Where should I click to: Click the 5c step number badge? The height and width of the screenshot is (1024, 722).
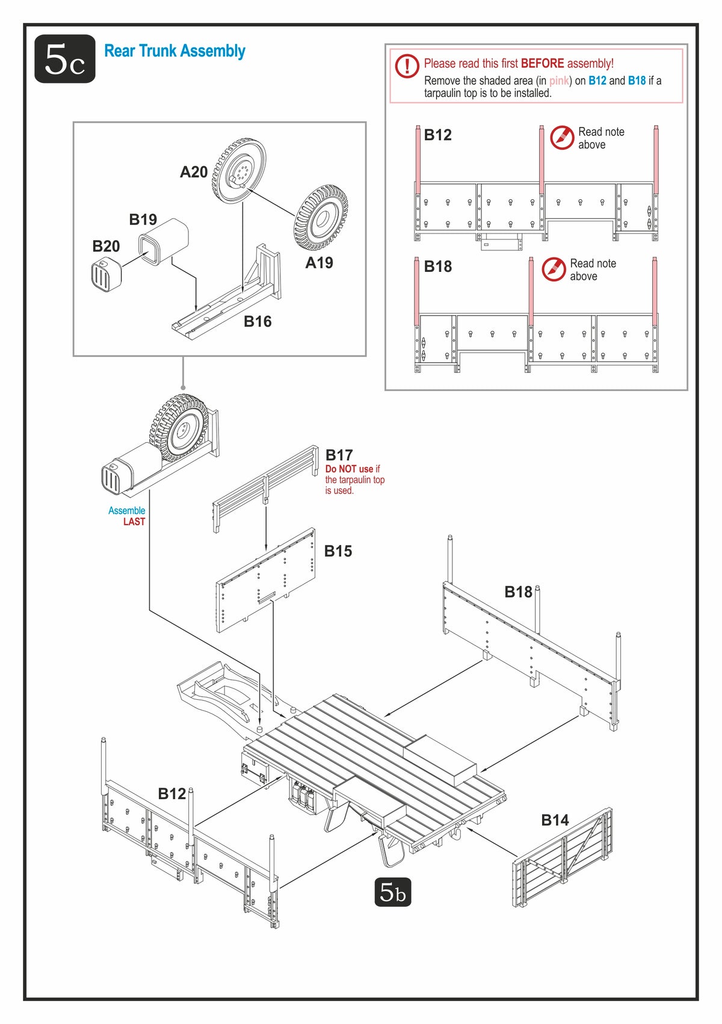click(x=65, y=59)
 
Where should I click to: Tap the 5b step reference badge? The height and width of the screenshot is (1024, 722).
click(x=392, y=892)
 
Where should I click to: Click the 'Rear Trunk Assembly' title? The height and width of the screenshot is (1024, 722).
click(x=174, y=51)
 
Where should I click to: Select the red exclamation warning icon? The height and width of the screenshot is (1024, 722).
click(x=407, y=66)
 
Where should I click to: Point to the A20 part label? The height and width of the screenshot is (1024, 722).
click(x=194, y=172)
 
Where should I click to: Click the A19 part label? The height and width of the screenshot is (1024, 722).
click(x=319, y=263)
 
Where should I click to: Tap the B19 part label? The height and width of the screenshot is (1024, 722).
click(x=143, y=220)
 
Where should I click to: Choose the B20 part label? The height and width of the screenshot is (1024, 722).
click(x=106, y=247)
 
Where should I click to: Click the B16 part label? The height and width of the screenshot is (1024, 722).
click(x=258, y=322)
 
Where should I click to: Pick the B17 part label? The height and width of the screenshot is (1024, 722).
click(x=339, y=455)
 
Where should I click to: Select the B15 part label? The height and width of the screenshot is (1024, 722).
click(x=338, y=551)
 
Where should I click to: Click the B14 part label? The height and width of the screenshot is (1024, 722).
click(x=555, y=821)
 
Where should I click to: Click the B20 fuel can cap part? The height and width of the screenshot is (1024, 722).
click(x=106, y=274)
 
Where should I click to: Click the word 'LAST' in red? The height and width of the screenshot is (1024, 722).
click(x=134, y=522)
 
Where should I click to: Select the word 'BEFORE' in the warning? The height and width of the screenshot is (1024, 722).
click(x=542, y=63)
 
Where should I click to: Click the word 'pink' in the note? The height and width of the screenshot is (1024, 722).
click(x=559, y=81)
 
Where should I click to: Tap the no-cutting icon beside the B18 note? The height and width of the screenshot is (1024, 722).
click(x=553, y=270)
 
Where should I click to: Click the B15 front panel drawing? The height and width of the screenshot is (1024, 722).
click(x=266, y=581)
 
